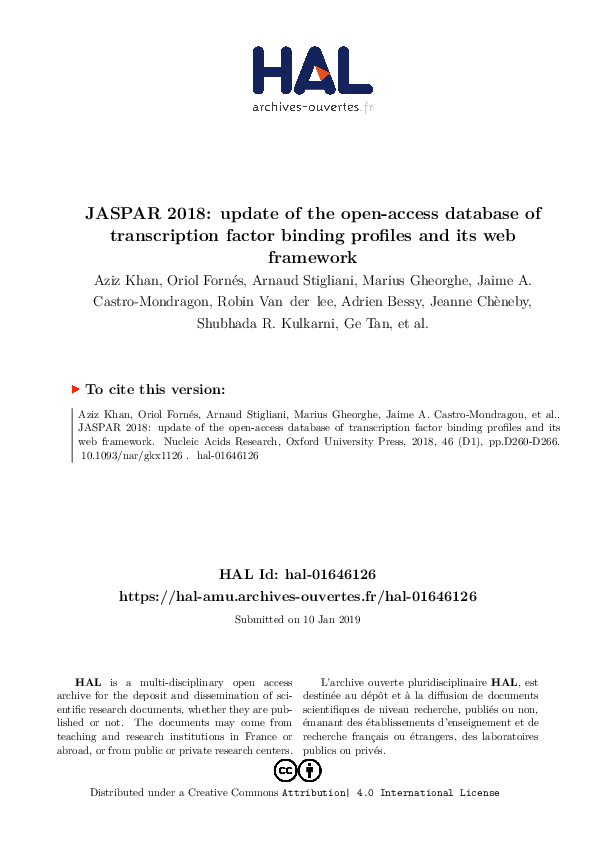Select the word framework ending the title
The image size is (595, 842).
[297, 257]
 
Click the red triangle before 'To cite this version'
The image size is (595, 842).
[75, 389]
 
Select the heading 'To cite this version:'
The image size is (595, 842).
[155, 390]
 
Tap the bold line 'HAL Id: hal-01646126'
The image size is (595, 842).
[297, 575]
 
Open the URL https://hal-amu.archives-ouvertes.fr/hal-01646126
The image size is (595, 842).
[297, 595]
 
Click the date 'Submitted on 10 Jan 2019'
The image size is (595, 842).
[297, 619]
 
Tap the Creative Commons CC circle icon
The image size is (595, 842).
[285, 770]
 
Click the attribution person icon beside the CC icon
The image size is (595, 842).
[310, 770]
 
